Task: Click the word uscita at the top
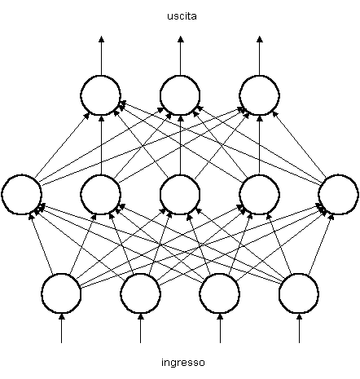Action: [x=182, y=16]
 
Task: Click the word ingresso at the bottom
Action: [x=183, y=363]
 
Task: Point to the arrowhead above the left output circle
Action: [x=101, y=39]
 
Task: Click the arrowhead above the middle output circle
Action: [x=181, y=39]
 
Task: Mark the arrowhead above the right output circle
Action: [x=260, y=39]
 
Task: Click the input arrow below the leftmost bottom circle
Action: [x=62, y=328]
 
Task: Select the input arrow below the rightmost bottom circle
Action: [x=299, y=328]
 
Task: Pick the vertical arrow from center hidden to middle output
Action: [x=181, y=145]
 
